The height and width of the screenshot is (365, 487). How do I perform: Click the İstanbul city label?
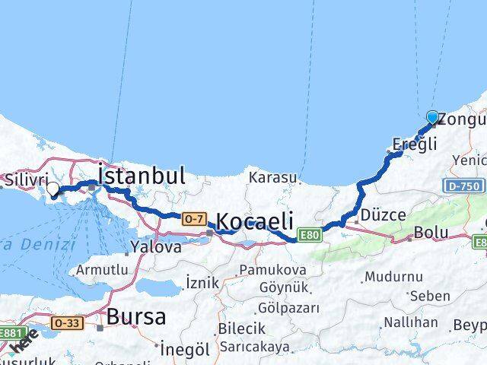pos(142,176)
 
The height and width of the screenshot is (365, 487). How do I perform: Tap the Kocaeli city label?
pos(255,221)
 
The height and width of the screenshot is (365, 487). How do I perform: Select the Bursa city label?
pos(136,316)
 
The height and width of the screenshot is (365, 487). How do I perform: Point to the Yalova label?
pos(156,246)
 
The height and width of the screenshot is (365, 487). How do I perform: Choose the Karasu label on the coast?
pos(272,177)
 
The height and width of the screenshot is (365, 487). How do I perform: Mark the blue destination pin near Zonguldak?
pos(433,117)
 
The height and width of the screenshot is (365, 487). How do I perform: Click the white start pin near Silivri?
pos(53,189)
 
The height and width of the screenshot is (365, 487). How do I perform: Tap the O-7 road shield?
pos(193,219)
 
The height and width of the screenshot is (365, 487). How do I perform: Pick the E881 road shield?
pos(11,333)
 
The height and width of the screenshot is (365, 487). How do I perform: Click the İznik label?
pos(202,283)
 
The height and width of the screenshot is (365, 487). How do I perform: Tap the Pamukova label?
pos(272,270)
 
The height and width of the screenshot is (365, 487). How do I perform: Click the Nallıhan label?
pos(410,322)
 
